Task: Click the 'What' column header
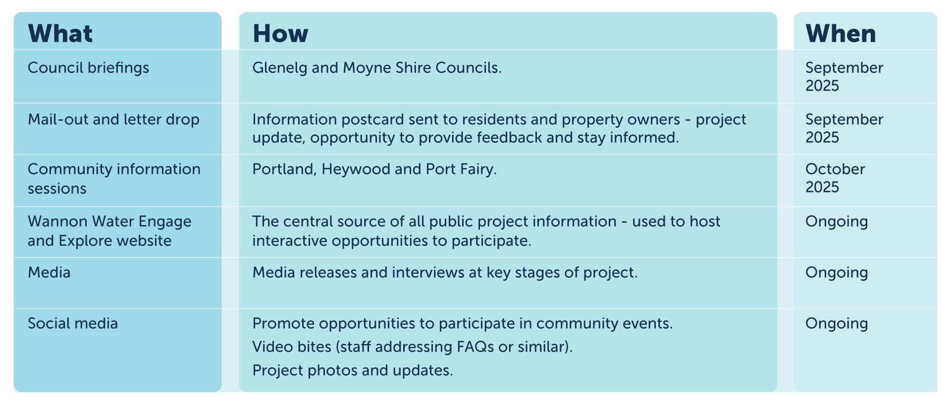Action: [x=60, y=34]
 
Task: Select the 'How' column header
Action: [x=280, y=34]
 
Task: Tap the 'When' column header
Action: [x=841, y=34]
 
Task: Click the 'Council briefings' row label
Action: [x=88, y=68]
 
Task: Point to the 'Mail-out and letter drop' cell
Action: [x=113, y=119]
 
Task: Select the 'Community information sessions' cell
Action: [x=114, y=178]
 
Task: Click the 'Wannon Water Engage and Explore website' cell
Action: [x=109, y=231]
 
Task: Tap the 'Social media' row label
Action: [x=73, y=323]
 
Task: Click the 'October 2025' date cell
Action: [x=835, y=178]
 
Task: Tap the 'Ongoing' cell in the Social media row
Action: [x=837, y=324]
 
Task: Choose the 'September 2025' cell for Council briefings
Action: [x=844, y=77]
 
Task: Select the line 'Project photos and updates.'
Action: [x=353, y=370]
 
